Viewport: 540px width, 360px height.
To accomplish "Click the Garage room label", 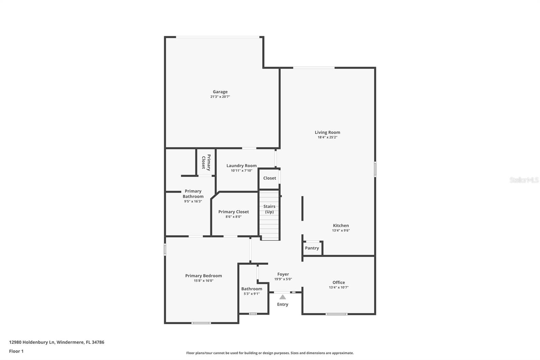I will tap(220, 92).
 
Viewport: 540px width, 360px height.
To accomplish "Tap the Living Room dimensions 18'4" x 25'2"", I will tap(327, 137).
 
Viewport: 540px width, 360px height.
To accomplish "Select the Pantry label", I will tap(312, 248).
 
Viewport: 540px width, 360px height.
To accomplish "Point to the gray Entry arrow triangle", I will tap(283, 297).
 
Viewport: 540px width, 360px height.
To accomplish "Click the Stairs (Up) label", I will tap(269, 209).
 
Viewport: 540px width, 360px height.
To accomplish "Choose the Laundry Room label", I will tap(241, 166).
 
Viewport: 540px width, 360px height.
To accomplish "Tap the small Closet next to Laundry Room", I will tap(269, 178).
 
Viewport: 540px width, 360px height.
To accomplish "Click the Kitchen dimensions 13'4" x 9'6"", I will tap(341, 231).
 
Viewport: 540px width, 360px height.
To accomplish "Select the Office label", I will tap(339, 283).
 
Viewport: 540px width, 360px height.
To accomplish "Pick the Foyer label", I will tap(283, 275).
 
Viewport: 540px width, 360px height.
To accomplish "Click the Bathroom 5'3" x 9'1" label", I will tap(251, 289).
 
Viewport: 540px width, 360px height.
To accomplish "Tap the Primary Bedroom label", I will tap(204, 276).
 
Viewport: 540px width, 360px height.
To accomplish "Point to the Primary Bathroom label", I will tap(193, 194).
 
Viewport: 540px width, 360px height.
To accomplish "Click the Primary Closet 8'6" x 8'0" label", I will tap(234, 212).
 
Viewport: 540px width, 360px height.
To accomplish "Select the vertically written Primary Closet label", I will tap(206, 162).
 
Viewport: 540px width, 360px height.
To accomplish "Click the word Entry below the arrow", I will tap(283, 305).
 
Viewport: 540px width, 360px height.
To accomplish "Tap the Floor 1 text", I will tap(16, 351).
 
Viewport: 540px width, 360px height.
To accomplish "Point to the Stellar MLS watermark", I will tap(524, 180).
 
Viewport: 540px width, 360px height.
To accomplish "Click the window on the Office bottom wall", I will tap(336, 314).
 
